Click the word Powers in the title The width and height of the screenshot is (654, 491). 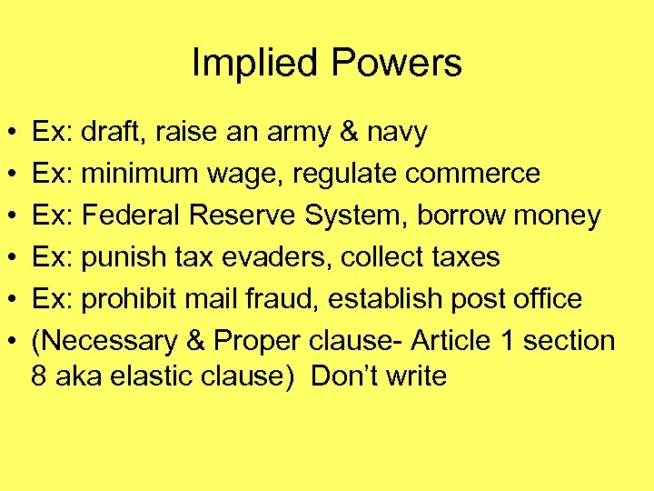(396, 64)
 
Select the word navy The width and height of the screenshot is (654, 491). (396, 134)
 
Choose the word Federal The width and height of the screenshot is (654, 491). (131, 215)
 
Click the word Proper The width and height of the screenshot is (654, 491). (257, 341)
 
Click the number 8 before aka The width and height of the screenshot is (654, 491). (39, 376)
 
